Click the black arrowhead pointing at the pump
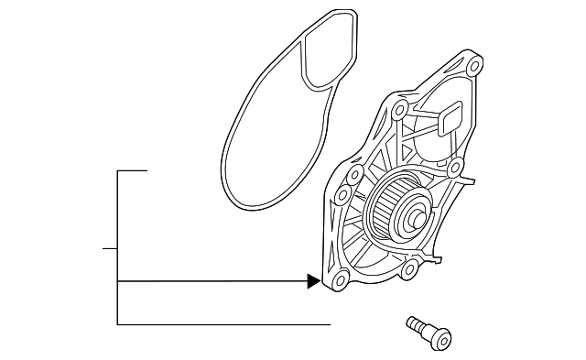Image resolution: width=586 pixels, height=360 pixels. click(314, 281)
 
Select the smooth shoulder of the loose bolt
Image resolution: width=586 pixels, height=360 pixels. click(422, 332)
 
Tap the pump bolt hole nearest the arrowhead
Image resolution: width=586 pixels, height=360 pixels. click(340, 281)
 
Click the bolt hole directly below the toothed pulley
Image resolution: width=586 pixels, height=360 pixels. click(412, 267)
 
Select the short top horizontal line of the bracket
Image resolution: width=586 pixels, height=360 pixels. click(132, 170)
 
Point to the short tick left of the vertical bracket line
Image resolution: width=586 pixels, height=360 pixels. click(109, 248)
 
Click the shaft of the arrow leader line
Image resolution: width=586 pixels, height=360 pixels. click(211, 281)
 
